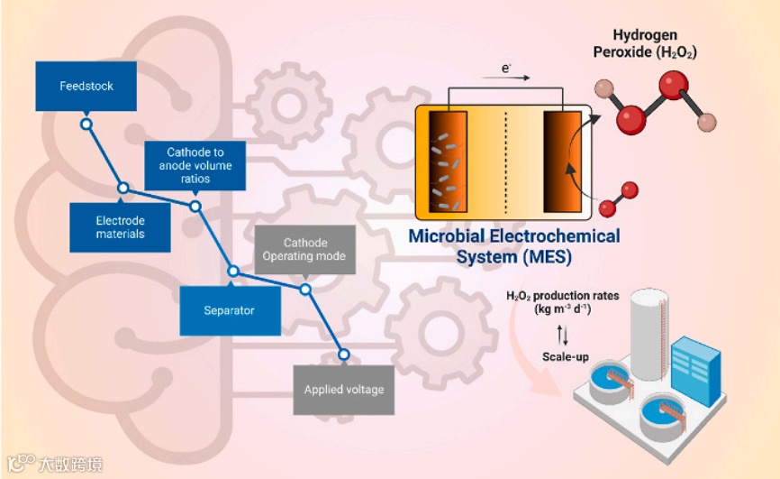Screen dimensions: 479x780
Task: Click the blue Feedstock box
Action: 86,87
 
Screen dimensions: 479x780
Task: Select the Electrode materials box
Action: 120,226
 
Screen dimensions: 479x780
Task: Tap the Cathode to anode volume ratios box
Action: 195,166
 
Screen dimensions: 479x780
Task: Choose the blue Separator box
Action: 229,310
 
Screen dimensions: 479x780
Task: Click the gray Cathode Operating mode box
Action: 304,250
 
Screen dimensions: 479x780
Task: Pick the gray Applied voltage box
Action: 343,390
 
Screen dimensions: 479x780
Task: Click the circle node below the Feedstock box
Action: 86,124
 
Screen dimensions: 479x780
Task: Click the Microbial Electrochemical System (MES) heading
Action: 514,246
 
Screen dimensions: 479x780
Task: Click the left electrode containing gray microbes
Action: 449,161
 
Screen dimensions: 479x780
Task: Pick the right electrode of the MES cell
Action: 563,161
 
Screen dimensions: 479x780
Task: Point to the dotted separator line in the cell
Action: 505,161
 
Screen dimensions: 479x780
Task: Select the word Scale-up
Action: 565,357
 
